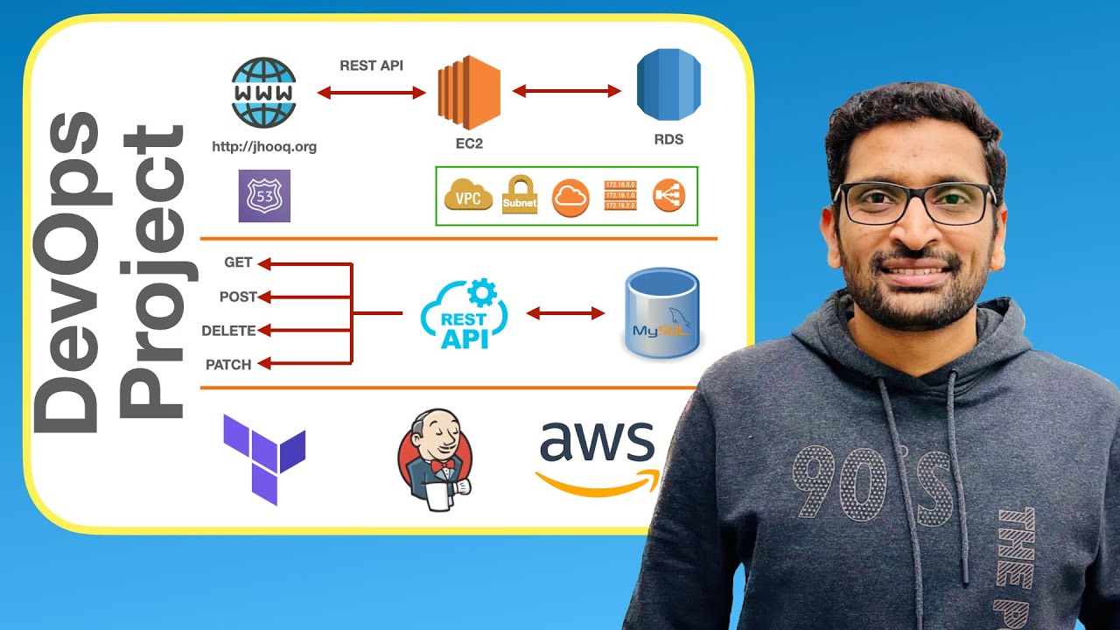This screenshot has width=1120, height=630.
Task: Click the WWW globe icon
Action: (263, 93)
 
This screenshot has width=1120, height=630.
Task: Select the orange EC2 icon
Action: (468, 91)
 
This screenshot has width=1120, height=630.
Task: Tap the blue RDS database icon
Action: (669, 86)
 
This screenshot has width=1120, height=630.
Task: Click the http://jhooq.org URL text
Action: (264, 147)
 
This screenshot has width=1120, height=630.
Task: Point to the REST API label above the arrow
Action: (371, 66)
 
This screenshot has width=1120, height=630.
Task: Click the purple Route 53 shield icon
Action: (263, 196)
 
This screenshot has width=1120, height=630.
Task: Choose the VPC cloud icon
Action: (468, 196)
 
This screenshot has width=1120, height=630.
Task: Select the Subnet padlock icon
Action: (519, 195)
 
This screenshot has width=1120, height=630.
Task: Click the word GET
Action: (238, 262)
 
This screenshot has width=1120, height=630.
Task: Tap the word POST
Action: (237, 297)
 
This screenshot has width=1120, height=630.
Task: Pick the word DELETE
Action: (228, 331)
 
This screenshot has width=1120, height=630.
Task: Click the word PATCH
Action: (228, 365)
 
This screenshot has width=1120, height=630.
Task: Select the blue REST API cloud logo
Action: (463, 316)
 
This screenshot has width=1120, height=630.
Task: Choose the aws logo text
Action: (597, 443)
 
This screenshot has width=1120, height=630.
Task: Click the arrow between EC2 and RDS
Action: (567, 90)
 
